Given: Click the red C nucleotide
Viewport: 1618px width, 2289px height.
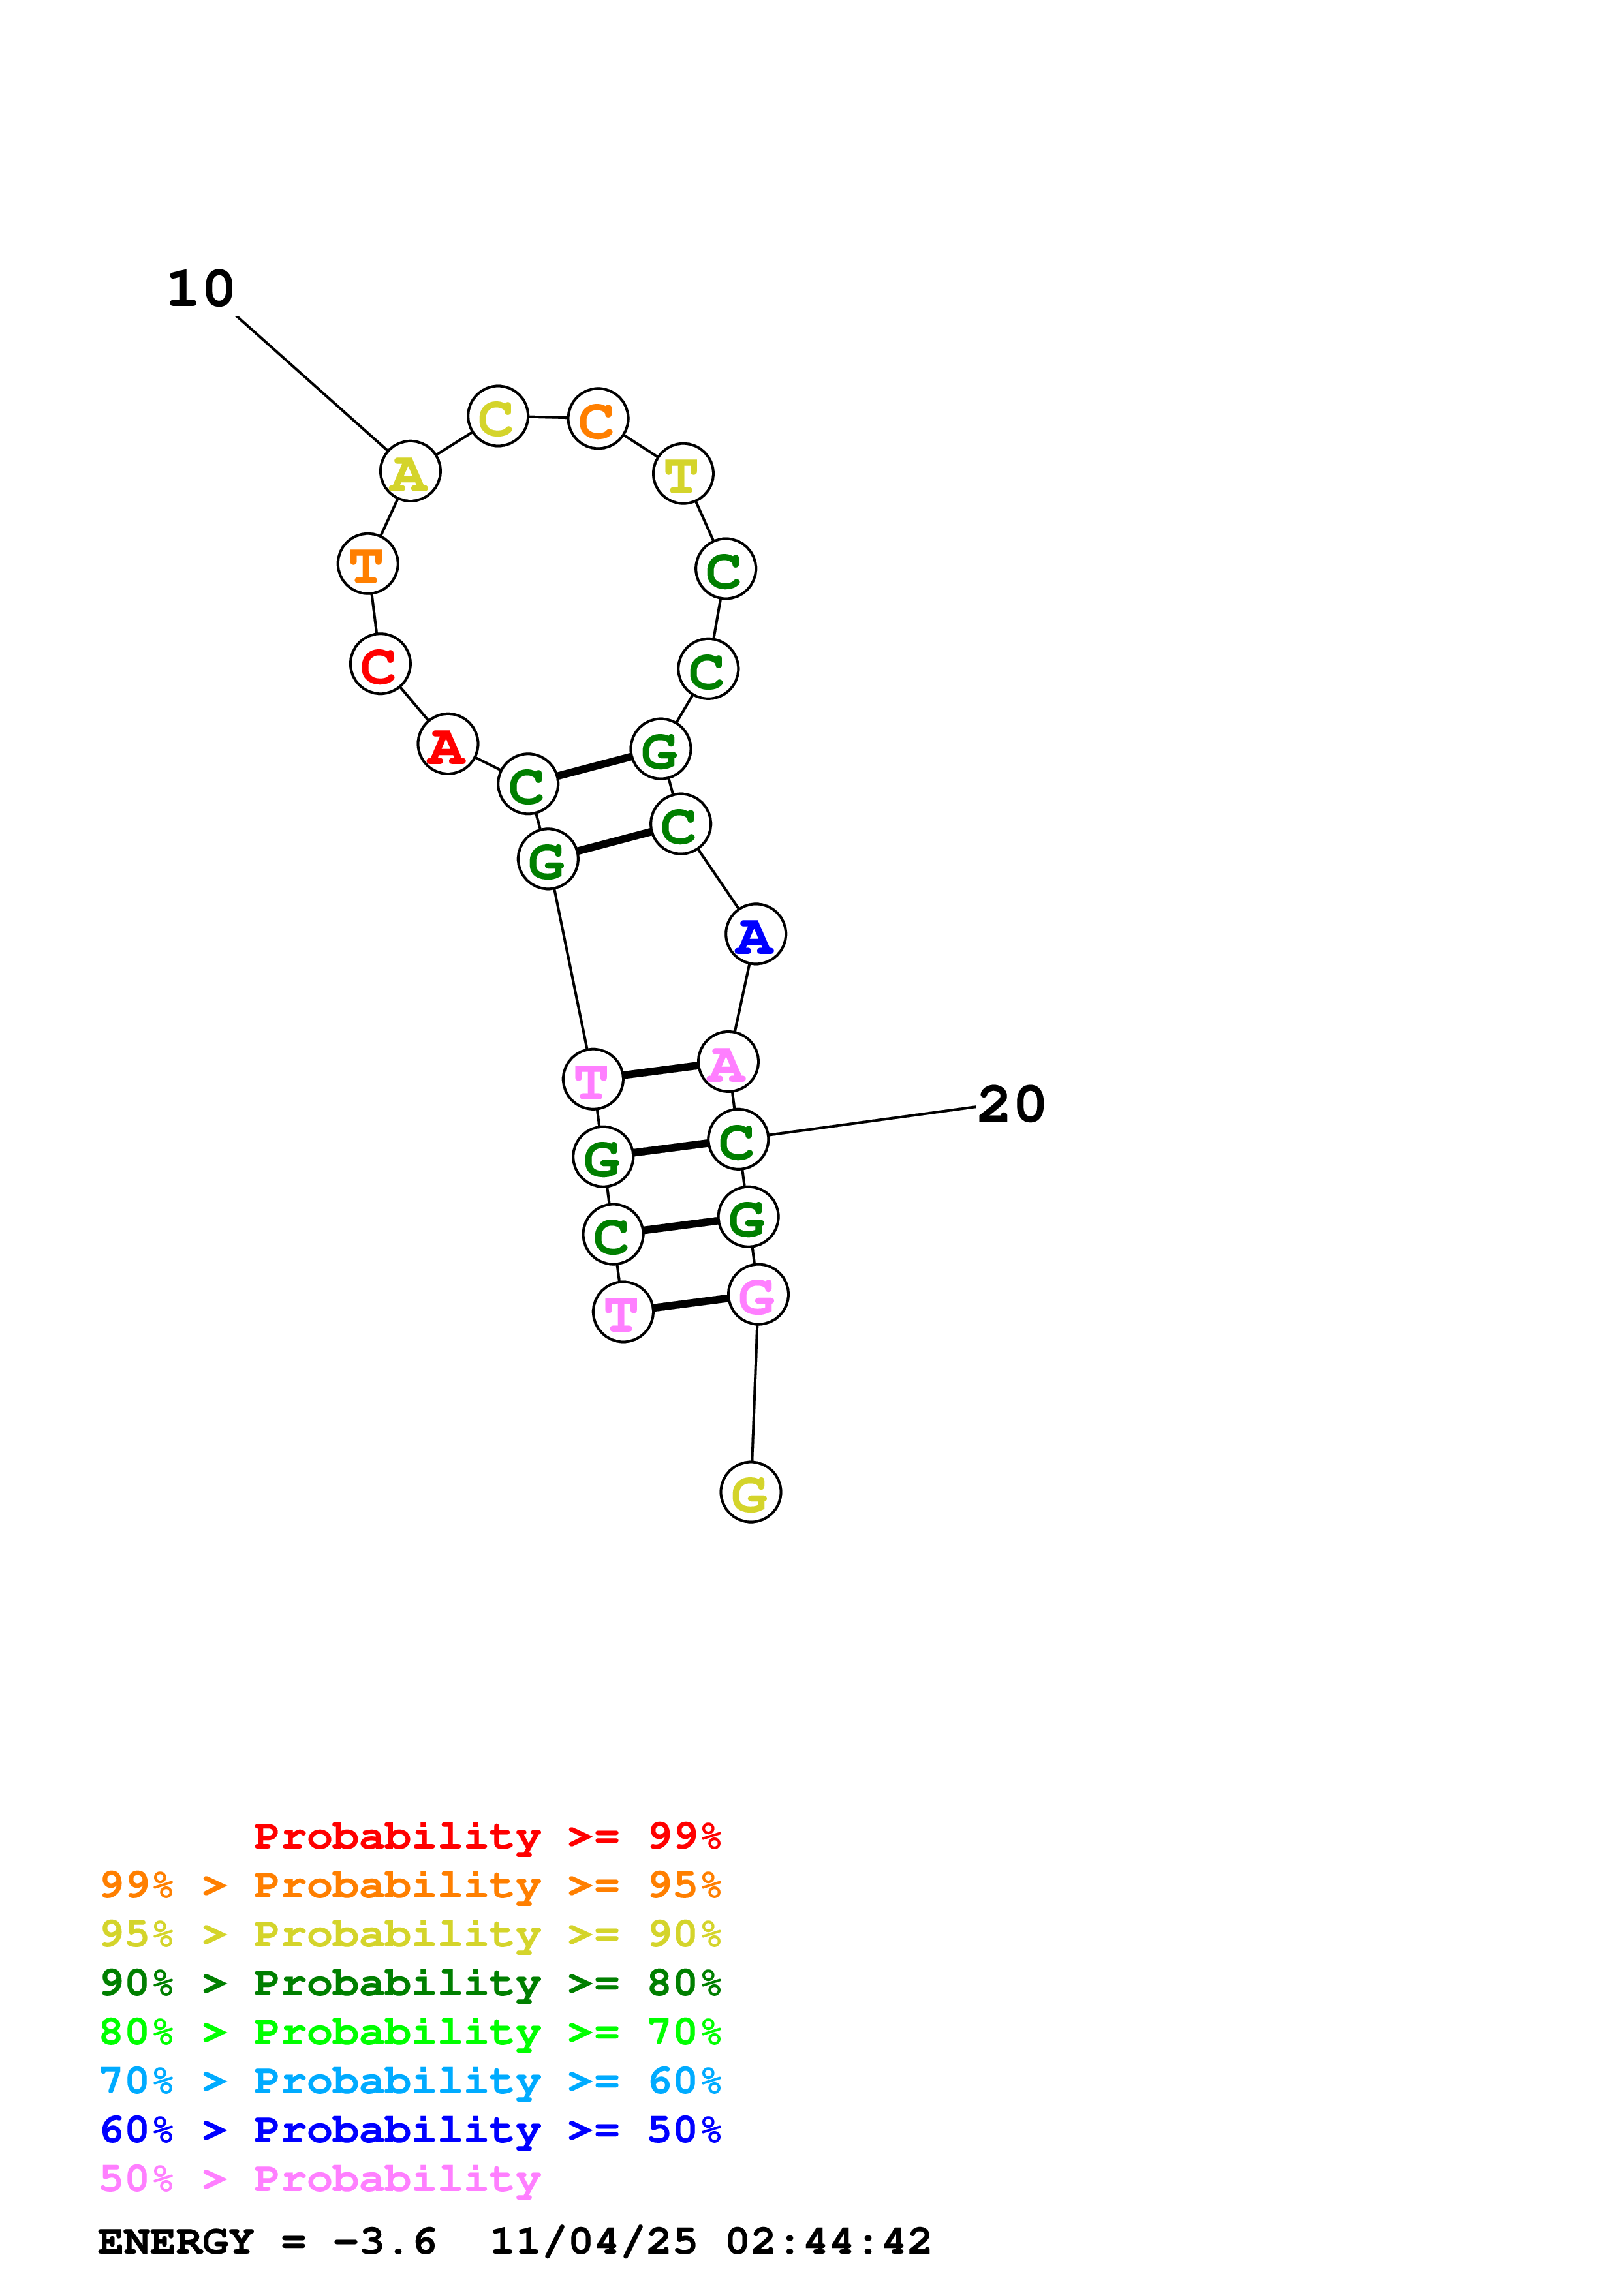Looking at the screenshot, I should (x=380, y=664).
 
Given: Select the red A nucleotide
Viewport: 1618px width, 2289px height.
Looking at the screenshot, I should (x=448, y=744).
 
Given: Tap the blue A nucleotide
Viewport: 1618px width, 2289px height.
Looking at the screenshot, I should (x=756, y=934).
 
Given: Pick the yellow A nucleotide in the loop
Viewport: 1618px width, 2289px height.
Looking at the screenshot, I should (x=410, y=472).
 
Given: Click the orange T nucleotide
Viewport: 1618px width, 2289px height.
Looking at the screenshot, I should (x=368, y=564).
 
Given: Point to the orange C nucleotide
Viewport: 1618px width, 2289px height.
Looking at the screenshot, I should (x=597, y=419).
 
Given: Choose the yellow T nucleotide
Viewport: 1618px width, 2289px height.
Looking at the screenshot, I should (x=683, y=474).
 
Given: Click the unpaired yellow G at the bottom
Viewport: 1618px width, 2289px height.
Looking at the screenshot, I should (x=751, y=1492).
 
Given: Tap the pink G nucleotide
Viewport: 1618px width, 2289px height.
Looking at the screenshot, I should (x=758, y=1295).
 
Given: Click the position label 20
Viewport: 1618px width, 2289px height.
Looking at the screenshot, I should (x=1011, y=1105).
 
